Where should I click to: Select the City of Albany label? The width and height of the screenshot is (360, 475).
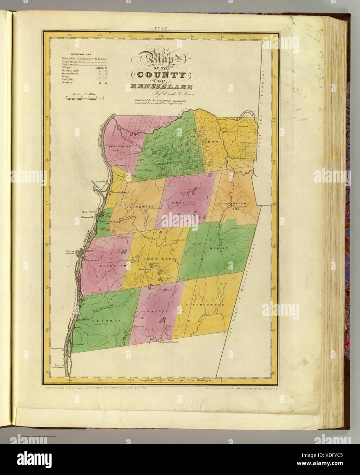point(70,252)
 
